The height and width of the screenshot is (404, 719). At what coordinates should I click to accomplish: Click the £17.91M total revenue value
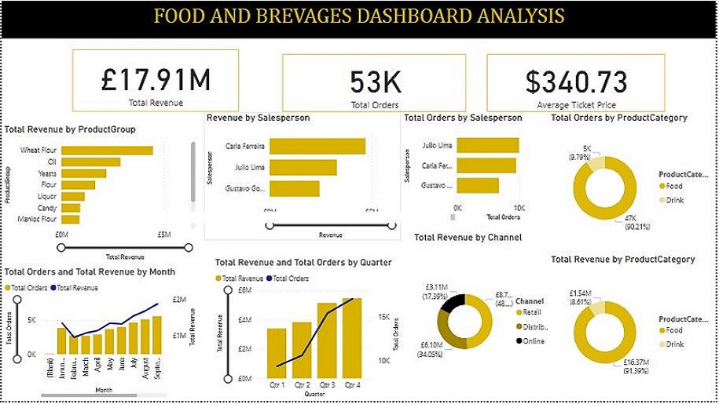click(156, 79)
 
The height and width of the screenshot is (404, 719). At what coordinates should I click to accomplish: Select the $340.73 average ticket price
click(576, 82)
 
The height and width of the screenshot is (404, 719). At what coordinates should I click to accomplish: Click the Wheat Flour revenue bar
click(107, 151)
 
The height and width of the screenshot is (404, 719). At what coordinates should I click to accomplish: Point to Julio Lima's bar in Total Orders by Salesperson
click(488, 145)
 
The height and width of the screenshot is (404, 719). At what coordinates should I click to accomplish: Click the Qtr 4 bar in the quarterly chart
click(351, 338)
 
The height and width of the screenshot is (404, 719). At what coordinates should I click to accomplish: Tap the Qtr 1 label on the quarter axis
click(277, 385)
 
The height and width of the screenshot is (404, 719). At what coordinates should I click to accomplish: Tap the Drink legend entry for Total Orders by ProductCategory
click(674, 200)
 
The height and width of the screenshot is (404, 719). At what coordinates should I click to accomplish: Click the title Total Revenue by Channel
click(468, 237)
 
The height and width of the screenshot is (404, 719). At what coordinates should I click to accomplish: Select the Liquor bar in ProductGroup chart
click(73, 196)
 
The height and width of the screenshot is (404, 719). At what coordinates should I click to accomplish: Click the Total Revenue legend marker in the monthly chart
click(57, 289)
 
